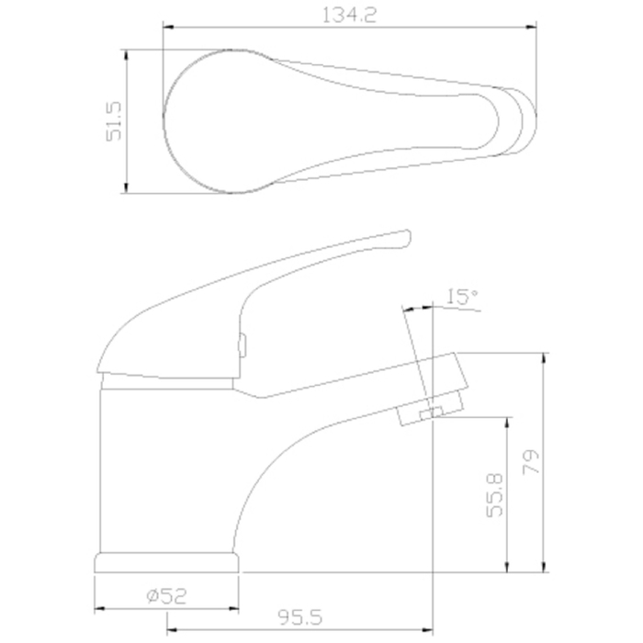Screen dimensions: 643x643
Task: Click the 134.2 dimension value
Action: [x=349, y=16]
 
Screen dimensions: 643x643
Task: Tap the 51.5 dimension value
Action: [x=114, y=121]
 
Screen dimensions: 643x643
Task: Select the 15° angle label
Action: [x=462, y=297]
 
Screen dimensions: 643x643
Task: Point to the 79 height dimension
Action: [x=531, y=462]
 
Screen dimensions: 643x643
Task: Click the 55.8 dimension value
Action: [x=494, y=495]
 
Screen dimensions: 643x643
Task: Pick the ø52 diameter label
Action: [x=166, y=596]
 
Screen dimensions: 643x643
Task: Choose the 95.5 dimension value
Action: [x=300, y=616]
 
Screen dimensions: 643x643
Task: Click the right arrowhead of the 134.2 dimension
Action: [x=532, y=28]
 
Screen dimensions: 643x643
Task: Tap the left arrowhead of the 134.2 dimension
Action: [x=168, y=28]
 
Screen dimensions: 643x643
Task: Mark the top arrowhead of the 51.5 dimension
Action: [x=127, y=55]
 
